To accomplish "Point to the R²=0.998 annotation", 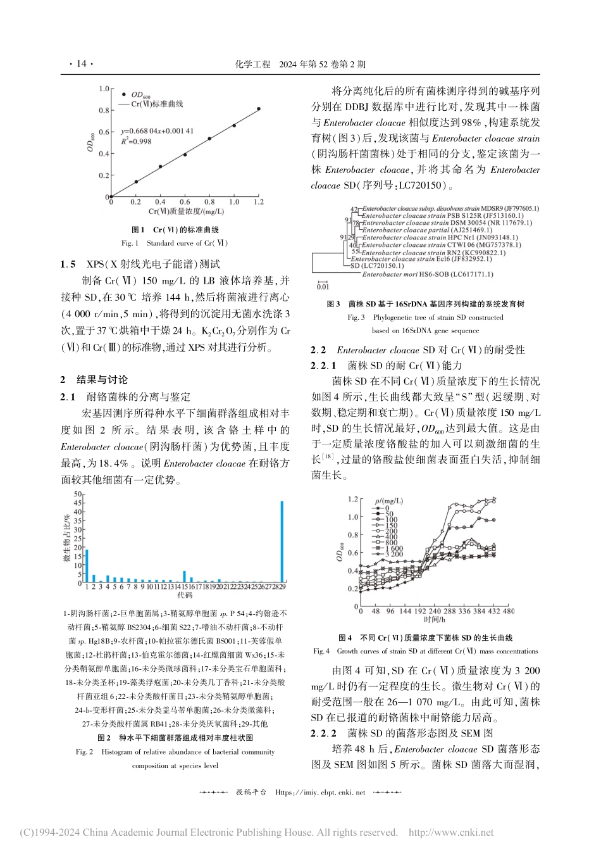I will pos(135,141).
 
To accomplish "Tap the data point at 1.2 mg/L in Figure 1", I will pos(258,109).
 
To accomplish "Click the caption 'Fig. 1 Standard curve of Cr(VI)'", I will pos(175,242).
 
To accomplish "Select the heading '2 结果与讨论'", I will pos(94,380).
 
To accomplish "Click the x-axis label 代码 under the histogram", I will pos(185,596).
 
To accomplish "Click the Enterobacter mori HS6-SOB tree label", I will pos(428,275).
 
